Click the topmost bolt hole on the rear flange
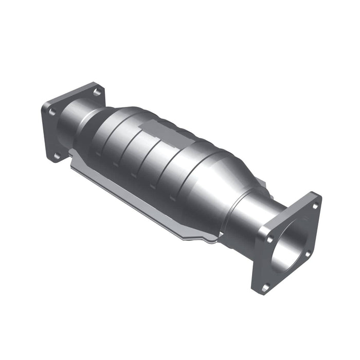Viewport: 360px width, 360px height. click(x=96, y=92)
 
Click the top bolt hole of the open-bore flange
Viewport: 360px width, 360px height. click(x=315, y=206)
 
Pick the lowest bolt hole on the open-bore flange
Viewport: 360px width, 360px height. click(x=265, y=286)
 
